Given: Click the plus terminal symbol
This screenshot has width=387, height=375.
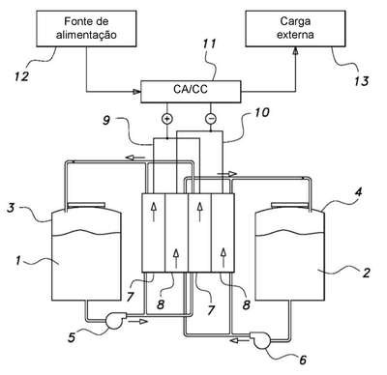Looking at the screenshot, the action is (x=166, y=119).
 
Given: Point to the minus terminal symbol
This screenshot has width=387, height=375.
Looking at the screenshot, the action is (x=211, y=119).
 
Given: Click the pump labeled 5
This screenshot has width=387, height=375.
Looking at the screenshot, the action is (x=113, y=321).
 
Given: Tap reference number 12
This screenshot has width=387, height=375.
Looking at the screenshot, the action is (x=21, y=76).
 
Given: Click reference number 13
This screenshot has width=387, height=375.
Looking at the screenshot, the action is (x=361, y=81).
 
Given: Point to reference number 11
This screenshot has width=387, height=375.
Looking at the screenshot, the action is (x=209, y=43).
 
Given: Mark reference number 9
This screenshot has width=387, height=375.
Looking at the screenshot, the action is (x=106, y=120).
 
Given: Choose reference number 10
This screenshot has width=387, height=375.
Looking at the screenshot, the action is (x=261, y=112).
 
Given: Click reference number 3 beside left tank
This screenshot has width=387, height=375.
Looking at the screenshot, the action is (x=11, y=208).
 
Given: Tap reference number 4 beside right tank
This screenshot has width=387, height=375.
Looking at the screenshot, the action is (x=359, y=192).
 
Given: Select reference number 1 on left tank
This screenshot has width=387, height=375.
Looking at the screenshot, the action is (x=18, y=260).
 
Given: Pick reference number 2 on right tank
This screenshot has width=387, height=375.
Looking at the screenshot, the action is (x=366, y=273).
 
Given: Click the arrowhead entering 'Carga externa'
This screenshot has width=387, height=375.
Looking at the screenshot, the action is (x=295, y=51).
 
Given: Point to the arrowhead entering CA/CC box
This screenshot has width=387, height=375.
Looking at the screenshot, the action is (x=137, y=92).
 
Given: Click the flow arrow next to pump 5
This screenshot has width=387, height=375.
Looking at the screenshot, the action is (x=139, y=321).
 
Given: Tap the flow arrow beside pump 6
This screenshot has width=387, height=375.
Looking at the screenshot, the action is (x=239, y=339).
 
